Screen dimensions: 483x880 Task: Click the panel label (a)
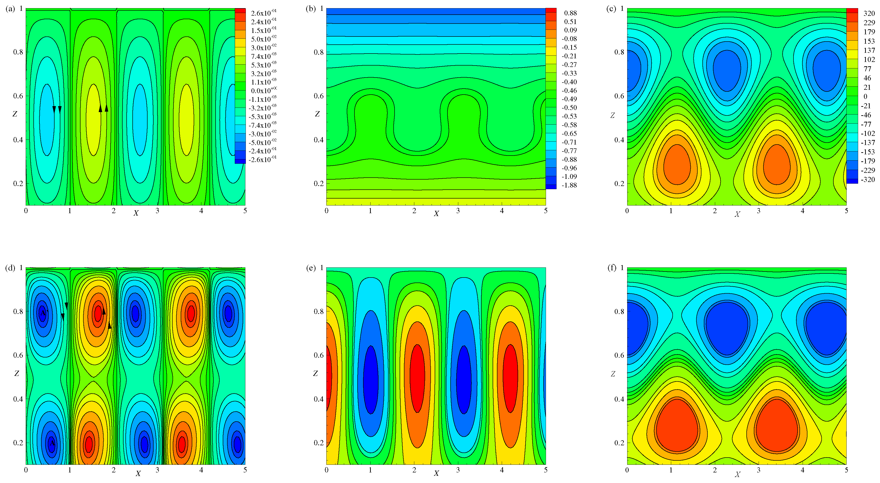(x=10, y=9)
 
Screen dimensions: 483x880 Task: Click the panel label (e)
(x=311, y=268)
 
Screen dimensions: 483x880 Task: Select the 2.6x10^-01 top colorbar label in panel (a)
(x=263, y=13)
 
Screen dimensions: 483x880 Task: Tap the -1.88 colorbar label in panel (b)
(x=569, y=185)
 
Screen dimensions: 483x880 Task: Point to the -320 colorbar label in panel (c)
(x=868, y=180)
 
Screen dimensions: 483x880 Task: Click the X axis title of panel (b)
(x=436, y=214)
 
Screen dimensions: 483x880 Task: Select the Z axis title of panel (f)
(x=613, y=374)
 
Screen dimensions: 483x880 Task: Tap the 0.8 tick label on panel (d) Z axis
(x=18, y=311)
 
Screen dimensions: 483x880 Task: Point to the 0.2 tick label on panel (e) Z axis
(x=319, y=443)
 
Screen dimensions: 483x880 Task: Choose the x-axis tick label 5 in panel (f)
(x=846, y=470)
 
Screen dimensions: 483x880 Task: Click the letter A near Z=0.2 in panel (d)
(x=52, y=443)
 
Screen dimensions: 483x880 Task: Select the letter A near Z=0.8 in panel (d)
(x=42, y=313)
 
